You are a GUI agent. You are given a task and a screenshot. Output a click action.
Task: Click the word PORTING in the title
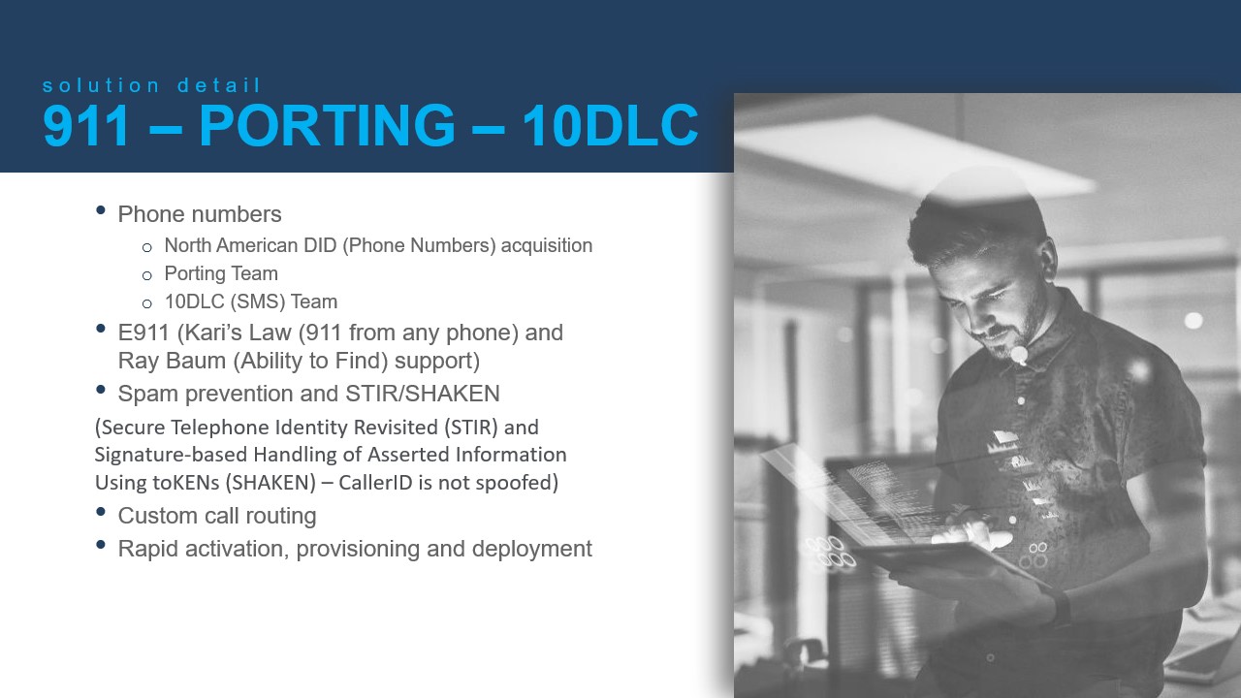click(x=327, y=125)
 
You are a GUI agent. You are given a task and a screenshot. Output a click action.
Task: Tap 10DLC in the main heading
click(x=610, y=125)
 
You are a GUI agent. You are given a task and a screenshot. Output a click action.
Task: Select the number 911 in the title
click(x=85, y=125)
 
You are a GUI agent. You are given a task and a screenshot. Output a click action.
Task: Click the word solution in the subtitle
click(x=102, y=85)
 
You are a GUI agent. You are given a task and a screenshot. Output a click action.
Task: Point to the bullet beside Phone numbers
click(x=100, y=210)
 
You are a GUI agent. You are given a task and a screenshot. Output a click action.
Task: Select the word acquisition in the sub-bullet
click(x=547, y=245)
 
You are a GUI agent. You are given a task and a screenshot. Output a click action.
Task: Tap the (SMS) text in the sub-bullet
click(x=258, y=301)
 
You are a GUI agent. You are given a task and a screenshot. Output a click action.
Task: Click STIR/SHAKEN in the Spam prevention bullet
click(x=422, y=394)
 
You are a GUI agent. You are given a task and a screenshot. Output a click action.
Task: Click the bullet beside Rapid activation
click(x=100, y=545)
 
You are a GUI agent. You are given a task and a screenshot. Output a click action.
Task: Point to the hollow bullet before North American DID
click(x=146, y=247)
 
